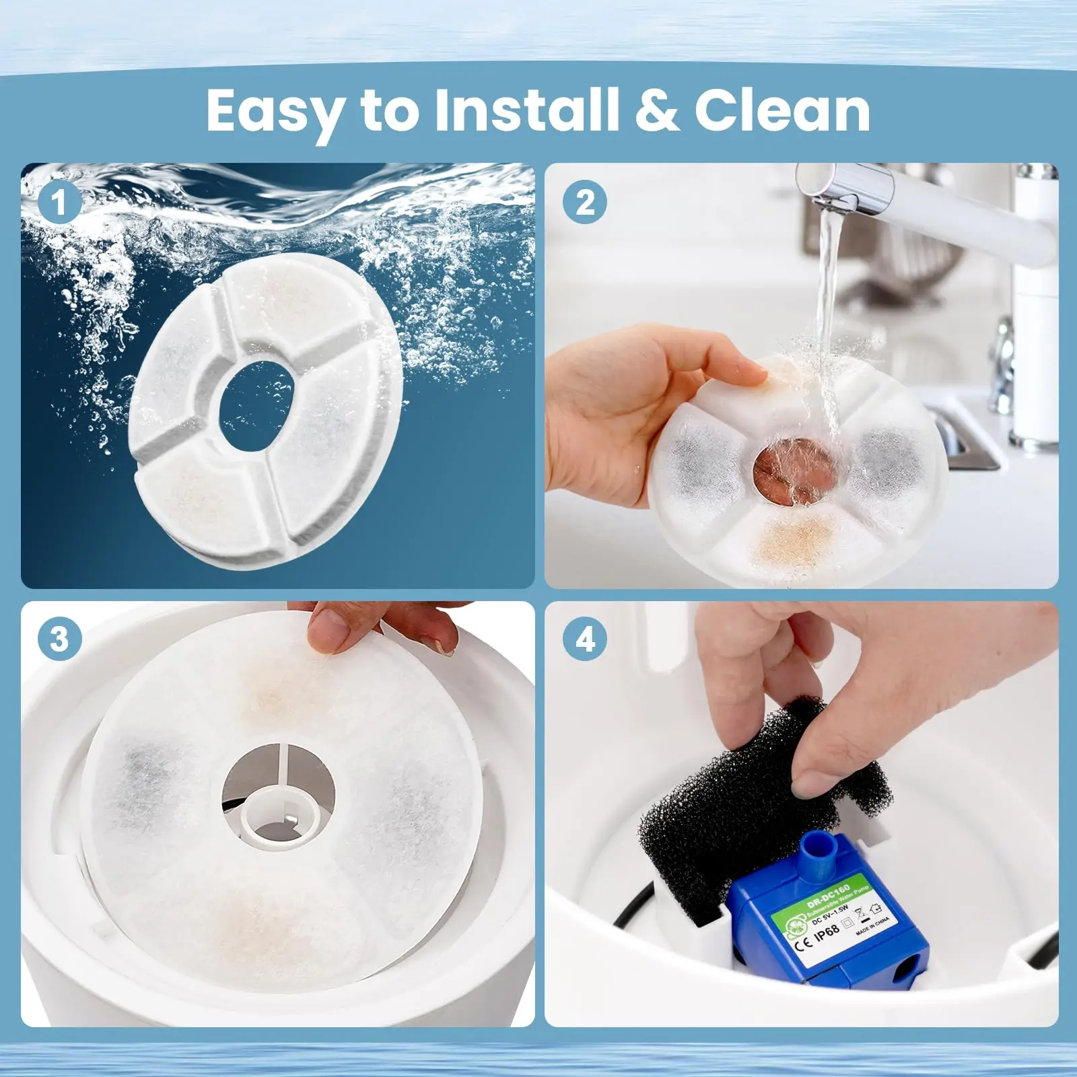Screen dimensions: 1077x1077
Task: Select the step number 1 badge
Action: point(60,201)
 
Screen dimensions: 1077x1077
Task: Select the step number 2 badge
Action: point(586,201)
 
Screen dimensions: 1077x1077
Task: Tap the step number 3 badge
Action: point(60,638)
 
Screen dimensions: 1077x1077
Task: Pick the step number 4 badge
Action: point(586,638)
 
